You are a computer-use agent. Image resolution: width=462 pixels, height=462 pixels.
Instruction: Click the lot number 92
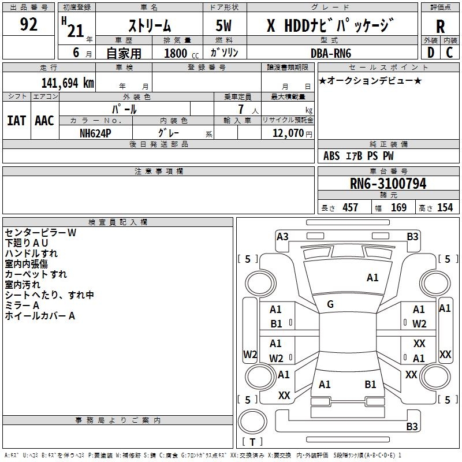tap(28, 24)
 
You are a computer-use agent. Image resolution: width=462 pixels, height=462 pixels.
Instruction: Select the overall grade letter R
tap(440, 27)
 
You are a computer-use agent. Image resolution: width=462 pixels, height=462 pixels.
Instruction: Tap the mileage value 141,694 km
tap(68, 83)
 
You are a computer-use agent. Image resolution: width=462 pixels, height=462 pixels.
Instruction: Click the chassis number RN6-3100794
tap(388, 184)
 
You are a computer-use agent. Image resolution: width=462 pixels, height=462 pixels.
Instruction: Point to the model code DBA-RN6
tap(331, 53)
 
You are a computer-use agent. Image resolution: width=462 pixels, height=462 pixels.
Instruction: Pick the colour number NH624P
tap(95, 133)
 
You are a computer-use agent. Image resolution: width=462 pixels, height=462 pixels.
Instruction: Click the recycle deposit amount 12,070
tap(288, 133)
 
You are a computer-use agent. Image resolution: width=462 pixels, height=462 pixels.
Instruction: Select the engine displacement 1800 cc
tap(181, 54)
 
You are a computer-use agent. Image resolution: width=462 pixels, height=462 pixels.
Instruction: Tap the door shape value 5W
tap(223, 25)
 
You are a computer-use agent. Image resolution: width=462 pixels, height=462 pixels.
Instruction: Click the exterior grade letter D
tap(431, 53)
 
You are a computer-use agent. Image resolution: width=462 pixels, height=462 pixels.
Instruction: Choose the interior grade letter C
tap(449, 53)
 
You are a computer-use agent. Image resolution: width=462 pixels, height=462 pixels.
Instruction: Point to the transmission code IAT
tap(17, 121)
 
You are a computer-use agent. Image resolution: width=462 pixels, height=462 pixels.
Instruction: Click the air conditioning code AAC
tap(44, 121)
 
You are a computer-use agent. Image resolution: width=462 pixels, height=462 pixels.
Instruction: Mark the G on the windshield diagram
tap(330, 304)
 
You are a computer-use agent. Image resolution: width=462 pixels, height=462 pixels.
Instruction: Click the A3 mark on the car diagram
tap(282, 237)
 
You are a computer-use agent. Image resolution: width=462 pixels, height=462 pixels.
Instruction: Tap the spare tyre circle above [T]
tap(252, 422)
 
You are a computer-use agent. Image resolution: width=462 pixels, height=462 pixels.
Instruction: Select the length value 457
tap(351, 207)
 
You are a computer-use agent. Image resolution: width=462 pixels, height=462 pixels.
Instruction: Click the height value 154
tap(445, 207)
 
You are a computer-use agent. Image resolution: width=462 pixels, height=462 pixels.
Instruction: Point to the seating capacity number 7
tap(241, 109)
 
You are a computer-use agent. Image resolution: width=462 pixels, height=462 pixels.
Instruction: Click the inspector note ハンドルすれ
tap(31, 254)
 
